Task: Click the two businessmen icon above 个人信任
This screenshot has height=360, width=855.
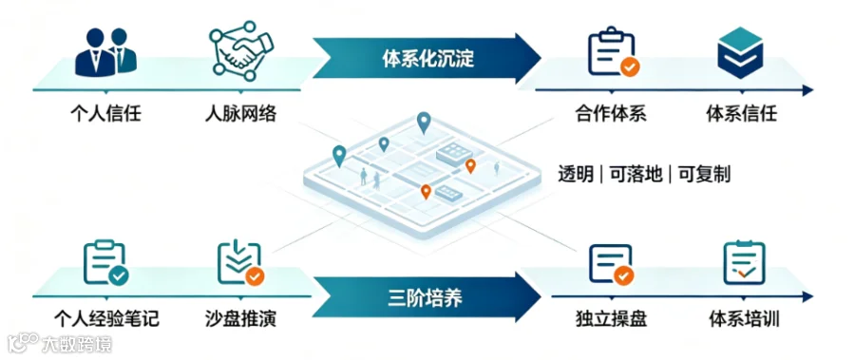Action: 105,52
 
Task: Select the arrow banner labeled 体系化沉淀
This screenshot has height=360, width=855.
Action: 427,58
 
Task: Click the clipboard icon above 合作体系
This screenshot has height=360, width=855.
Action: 614,54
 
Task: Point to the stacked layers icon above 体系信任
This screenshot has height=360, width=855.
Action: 740,52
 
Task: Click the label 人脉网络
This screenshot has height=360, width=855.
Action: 240,115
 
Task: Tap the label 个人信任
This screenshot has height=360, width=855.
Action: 105,115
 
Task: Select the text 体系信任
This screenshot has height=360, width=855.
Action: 742,115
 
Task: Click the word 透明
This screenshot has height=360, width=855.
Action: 576,175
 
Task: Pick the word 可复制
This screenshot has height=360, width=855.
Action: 705,175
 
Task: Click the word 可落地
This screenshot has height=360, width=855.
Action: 636,175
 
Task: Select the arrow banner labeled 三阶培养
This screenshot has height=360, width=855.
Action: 427,298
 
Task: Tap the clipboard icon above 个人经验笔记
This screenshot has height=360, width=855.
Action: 105,263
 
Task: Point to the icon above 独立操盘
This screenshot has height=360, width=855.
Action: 612,265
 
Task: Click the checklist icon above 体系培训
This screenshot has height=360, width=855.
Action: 744,263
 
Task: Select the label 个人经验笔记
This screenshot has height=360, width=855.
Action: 106,318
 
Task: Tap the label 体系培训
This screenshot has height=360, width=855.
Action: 744,318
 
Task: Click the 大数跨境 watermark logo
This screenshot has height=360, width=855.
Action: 60,344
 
